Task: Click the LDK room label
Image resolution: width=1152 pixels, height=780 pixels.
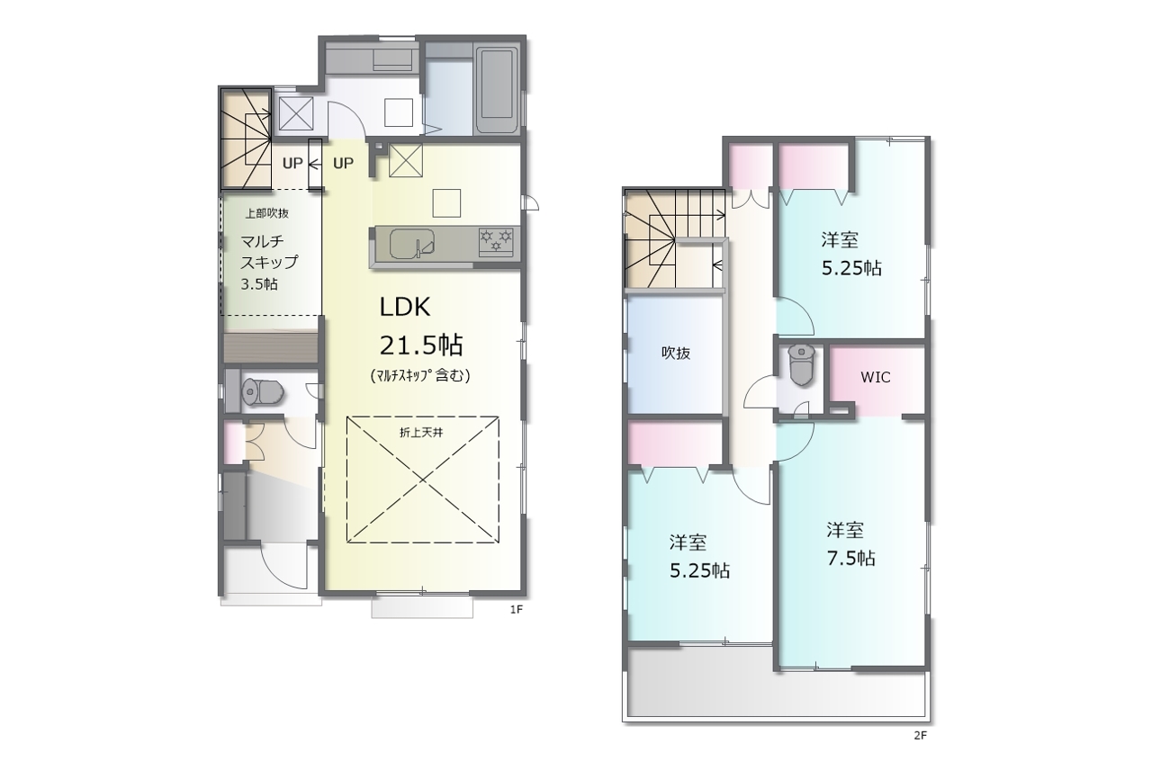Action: (405, 307)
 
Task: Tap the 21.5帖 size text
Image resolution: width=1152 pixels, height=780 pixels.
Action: (421, 345)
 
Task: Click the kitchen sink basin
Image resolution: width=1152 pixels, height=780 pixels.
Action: (412, 243)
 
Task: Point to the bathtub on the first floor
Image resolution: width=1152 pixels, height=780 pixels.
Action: (497, 91)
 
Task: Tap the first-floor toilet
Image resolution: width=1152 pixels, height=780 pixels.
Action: (262, 392)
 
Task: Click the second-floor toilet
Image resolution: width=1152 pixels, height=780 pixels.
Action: (801, 364)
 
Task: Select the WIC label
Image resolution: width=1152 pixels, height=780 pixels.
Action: (876, 377)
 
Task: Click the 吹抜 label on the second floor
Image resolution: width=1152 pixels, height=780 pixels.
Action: (676, 353)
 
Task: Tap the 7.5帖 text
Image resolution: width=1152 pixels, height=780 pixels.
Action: (851, 558)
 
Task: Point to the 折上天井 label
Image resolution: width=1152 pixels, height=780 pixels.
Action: (421, 433)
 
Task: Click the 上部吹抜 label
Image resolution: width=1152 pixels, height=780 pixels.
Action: (266, 213)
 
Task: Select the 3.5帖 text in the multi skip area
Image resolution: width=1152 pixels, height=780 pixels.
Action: (259, 283)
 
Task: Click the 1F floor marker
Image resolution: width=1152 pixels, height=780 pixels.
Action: (517, 609)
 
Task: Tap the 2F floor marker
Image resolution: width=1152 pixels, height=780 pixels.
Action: (920, 735)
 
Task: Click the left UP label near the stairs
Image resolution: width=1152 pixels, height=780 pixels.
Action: (292, 164)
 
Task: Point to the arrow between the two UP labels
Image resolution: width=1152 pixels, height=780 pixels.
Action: (315, 164)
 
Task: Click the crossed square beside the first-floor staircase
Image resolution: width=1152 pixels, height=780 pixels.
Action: (296, 113)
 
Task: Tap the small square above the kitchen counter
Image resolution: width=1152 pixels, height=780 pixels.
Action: (446, 203)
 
